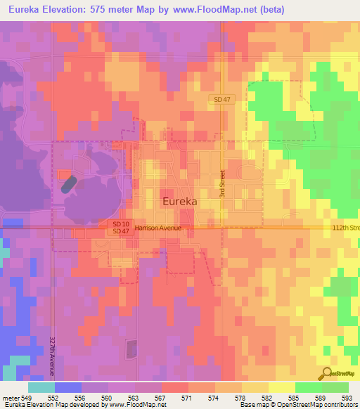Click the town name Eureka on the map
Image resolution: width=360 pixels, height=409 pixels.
pyautogui.click(x=180, y=200)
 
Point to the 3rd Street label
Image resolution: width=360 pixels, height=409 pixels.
pyautogui.click(x=221, y=183)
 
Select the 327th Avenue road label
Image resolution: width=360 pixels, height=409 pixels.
pyautogui.click(x=53, y=355)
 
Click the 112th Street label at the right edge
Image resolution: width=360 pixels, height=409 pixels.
pyautogui.click(x=345, y=228)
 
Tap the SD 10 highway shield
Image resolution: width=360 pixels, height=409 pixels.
pyautogui.click(x=120, y=223)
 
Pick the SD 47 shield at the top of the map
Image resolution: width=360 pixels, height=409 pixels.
pyautogui.click(x=221, y=100)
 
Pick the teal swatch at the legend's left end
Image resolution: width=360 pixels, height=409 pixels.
pyautogui.click(x=41, y=387)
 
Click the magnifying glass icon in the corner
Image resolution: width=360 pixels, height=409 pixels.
pyautogui.click(x=326, y=373)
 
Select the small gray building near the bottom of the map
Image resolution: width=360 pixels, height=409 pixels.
pyautogui.click(x=131, y=349)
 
